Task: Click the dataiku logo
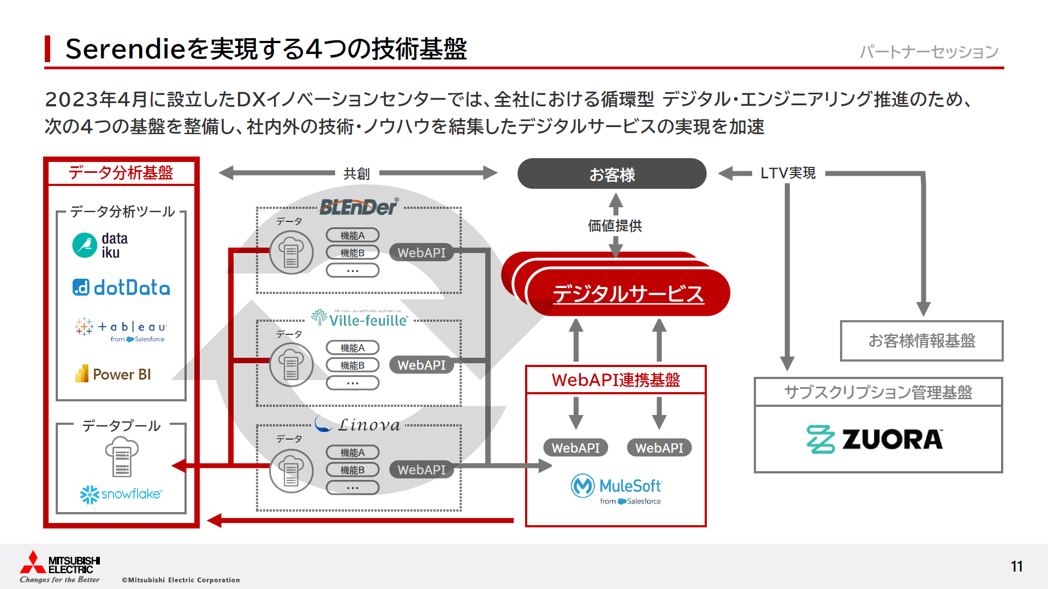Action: [100, 245]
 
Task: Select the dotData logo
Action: [121, 287]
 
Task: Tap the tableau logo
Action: [121, 329]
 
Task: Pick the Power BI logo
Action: [113, 374]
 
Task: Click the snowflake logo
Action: [121, 494]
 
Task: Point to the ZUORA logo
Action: [874, 440]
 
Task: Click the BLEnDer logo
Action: [359, 207]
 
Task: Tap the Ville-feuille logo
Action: [360, 319]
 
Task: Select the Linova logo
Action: [358, 425]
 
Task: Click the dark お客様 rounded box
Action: [612, 174]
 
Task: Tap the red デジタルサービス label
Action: [628, 293]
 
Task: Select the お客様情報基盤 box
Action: [921, 341]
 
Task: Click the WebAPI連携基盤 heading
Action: [616, 380]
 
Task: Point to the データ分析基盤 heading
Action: [121, 173]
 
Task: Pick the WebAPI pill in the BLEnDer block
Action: [421, 253]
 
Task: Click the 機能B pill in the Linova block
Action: [353, 470]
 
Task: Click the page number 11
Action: [1016, 567]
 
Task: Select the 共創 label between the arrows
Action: [356, 174]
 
